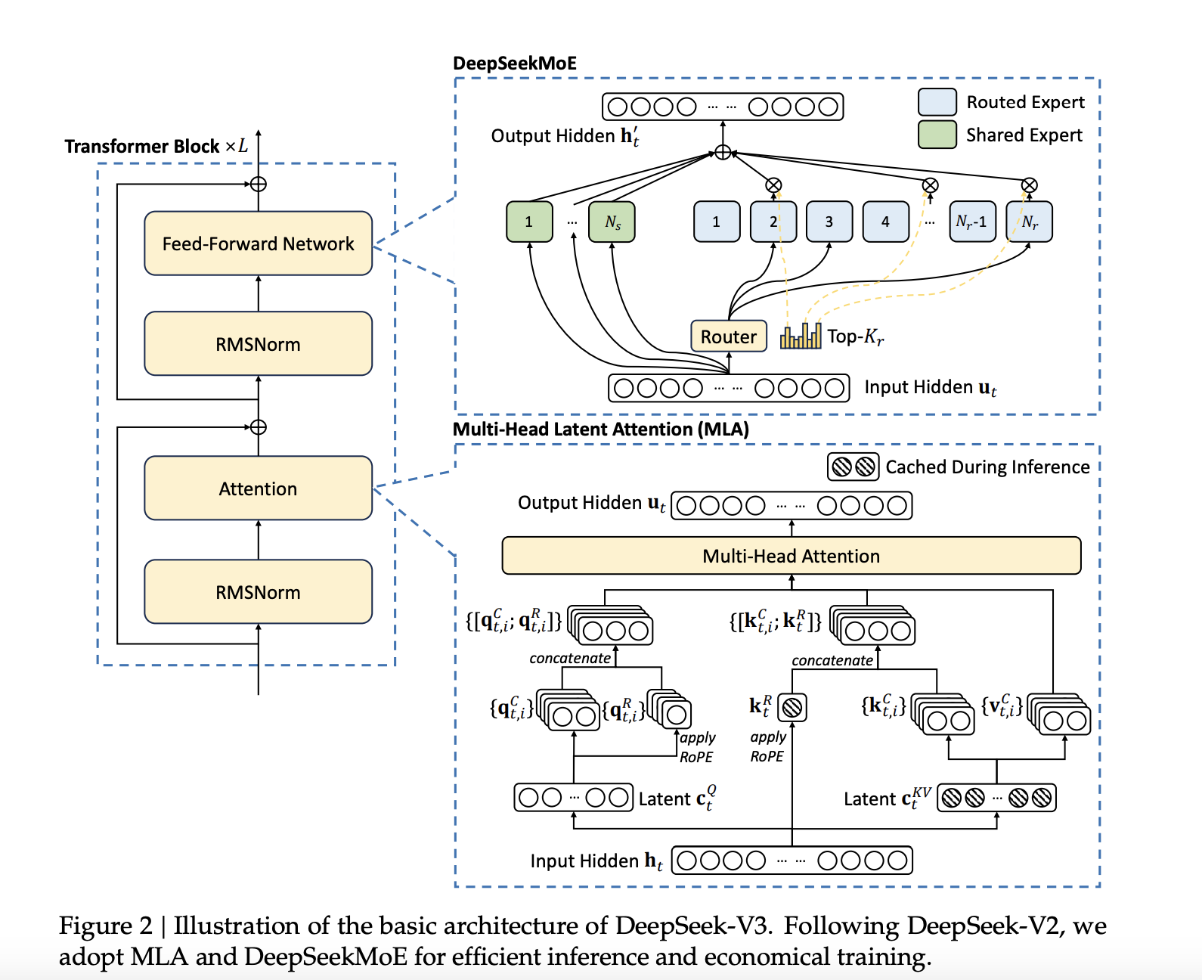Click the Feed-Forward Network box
point(258,243)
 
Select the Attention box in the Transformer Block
point(258,488)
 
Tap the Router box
point(728,336)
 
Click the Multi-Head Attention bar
point(791,557)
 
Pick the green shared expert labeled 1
point(529,222)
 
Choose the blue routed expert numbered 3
point(829,222)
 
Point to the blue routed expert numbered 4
point(885,222)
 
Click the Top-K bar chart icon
point(801,336)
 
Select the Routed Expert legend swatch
point(937,102)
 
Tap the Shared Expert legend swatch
point(937,135)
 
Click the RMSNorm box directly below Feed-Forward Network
point(258,344)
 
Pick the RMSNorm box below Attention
point(258,592)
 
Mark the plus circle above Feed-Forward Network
point(259,184)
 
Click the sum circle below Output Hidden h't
point(723,153)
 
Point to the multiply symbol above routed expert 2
point(773,185)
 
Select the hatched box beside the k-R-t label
point(792,708)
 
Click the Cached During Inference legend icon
point(853,467)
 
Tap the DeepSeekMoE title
point(514,64)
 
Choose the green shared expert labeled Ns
point(612,222)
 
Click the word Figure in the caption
point(95,926)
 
